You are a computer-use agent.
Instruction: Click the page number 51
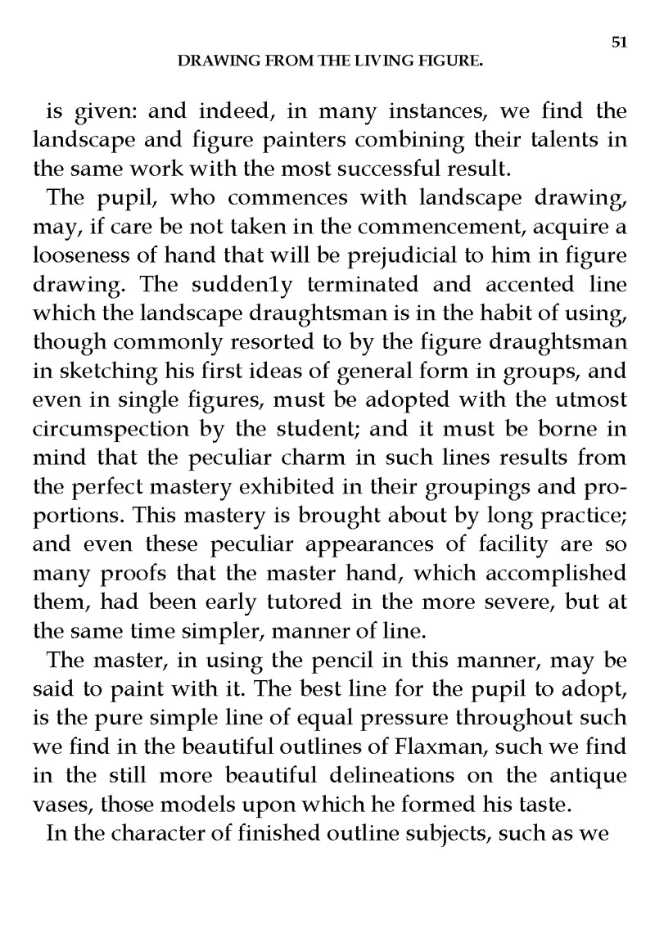(619, 43)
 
